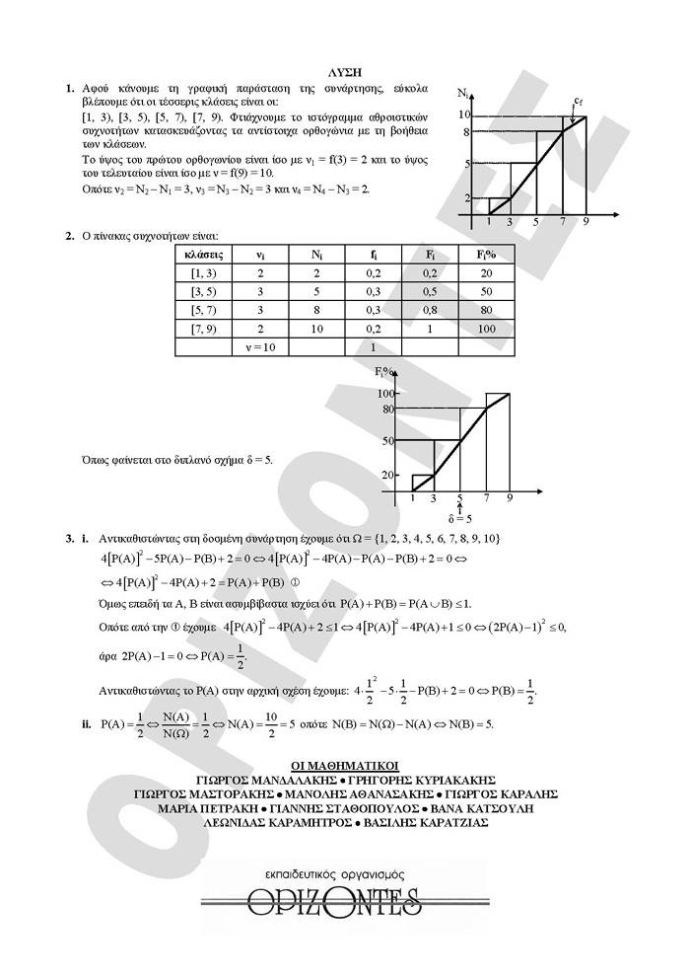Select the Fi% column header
coord(484,255)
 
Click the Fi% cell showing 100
coord(484,328)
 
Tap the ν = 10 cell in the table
coord(260,346)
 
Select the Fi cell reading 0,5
coord(429,291)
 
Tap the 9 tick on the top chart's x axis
coord(586,221)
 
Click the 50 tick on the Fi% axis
coord(389,440)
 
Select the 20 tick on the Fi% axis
coord(389,475)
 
